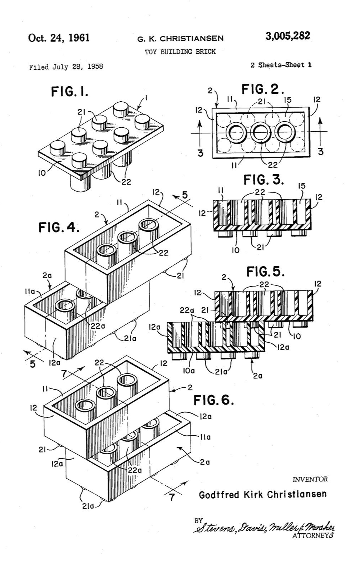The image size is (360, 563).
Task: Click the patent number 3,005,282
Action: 287,36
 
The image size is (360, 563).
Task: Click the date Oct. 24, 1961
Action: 59,38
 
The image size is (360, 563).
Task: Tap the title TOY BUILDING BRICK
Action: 180,52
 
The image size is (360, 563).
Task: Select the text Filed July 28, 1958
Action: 66,67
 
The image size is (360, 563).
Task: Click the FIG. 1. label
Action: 69,92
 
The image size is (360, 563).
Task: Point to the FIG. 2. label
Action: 263,89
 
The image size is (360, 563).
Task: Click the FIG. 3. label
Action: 263,180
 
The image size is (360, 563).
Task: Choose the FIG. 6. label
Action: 213,400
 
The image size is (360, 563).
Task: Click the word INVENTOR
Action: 310,479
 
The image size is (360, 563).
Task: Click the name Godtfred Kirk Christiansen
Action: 263,495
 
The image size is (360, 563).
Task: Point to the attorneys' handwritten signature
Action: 265,527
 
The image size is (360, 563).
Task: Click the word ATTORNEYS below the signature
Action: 312,536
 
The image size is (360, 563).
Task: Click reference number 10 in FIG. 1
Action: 42,173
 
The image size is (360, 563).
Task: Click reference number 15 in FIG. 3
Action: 301,186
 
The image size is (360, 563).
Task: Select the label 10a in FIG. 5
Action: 189,371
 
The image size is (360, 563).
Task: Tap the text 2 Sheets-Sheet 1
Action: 281,65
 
